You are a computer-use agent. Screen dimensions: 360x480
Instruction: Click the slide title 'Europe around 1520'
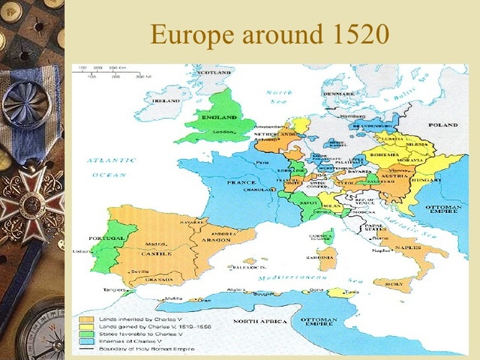tap(269, 34)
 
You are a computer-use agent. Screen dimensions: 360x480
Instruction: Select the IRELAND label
tap(166, 100)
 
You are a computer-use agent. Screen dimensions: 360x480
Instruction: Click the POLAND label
tap(442, 124)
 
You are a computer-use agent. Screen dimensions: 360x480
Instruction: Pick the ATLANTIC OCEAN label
tap(111, 167)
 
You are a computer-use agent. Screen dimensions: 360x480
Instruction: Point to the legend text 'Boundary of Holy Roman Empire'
tap(142, 349)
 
